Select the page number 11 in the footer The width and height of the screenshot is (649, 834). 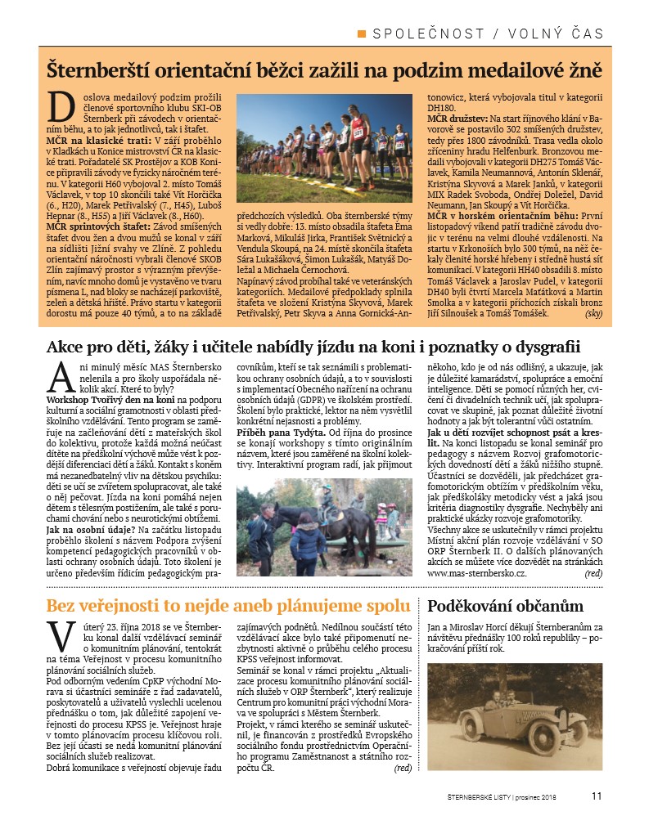click(x=597, y=794)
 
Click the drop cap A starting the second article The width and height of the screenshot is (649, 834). click(x=61, y=377)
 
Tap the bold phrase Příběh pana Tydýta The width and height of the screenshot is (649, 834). click(x=281, y=431)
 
